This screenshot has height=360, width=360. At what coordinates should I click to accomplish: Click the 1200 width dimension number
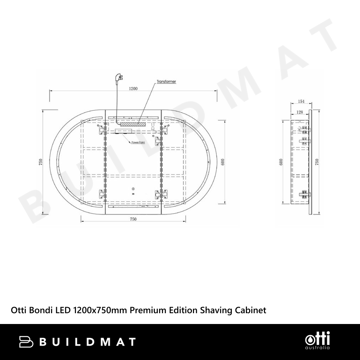coord(133,89)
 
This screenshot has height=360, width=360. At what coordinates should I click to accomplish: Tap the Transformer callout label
coord(166,81)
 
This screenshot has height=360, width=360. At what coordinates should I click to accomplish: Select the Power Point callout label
coord(138,142)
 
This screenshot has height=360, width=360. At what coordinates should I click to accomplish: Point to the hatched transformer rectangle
coord(133,124)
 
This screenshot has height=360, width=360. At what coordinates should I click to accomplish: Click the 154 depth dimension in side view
coord(301,101)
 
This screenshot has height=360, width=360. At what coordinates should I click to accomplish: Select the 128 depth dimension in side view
coord(300,112)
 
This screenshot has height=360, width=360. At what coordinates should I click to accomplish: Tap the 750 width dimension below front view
coord(133,219)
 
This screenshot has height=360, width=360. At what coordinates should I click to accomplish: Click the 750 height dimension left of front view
coord(41,162)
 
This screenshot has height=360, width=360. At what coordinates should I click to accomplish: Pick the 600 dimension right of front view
coord(222,162)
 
